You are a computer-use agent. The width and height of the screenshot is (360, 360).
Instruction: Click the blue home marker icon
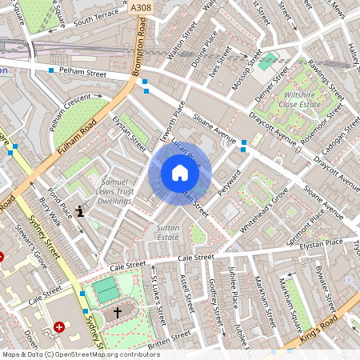tap(180, 173)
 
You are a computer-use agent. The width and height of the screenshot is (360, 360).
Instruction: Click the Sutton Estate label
tap(166, 232)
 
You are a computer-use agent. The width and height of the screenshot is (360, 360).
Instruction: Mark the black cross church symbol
tap(118, 311)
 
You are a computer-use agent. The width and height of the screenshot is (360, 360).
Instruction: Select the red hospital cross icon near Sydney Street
tap(61, 326)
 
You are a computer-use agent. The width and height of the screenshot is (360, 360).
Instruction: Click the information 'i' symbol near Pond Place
tap(79, 211)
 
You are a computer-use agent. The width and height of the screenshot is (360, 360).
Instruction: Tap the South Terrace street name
tap(95, 19)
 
